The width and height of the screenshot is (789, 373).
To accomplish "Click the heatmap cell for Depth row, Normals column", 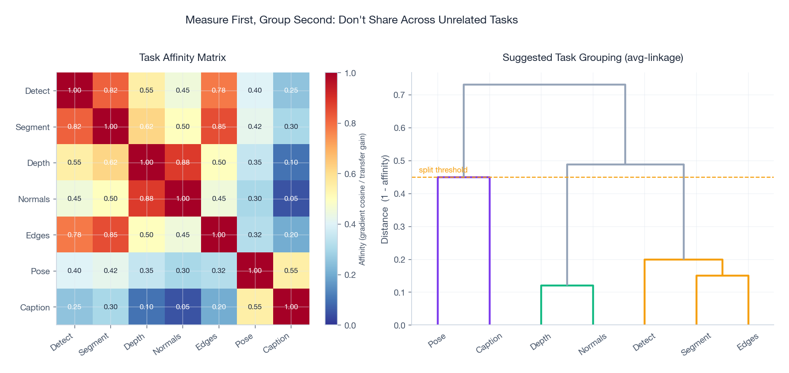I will click(x=183, y=162).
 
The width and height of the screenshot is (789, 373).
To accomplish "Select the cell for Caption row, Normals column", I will click(x=183, y=307).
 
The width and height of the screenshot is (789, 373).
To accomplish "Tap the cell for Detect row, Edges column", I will click(x=219, y=90).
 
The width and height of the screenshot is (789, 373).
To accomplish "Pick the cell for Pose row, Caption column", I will click(x=291, y=270).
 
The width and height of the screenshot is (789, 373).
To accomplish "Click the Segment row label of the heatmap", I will click(x=33, y=127).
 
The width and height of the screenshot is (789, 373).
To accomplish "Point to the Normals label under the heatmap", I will click(x=167, y=344).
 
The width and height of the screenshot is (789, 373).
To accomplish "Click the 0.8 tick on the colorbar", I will click(x=350, y=124).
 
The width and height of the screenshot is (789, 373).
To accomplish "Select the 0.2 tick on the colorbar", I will click(x=350, y=275).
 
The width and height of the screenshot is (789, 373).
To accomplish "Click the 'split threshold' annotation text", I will click(x=443, y=170).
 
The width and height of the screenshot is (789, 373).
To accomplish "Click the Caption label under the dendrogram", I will click(x=489, y=343).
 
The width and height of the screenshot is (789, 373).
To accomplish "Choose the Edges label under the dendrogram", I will click(x=747, y=342).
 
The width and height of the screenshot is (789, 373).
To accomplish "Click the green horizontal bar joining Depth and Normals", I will click(x=567, y=285).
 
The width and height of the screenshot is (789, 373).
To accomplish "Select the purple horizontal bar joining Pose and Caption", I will click(x=464, y=177).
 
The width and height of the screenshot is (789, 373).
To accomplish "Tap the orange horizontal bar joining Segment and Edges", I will click(x=722, y=276).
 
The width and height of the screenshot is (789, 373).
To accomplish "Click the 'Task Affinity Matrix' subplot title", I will click(x=183, y=58).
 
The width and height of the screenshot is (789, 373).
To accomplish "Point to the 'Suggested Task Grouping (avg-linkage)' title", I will click(x=592, y=58).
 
